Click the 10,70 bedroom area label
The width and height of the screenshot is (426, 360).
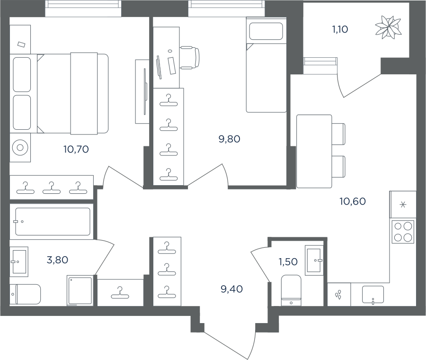tap(76, 149)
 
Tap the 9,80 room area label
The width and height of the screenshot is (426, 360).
tap(229, 139)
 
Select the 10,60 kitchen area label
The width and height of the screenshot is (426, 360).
tap(353, 201)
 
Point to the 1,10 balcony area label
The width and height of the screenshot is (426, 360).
tap(340, 29)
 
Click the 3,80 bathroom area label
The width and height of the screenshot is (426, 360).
tap(57, 260)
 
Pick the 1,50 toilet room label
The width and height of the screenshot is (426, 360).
tap(288, 261)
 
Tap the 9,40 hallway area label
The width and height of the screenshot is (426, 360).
tap(232, 289)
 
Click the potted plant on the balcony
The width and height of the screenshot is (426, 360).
tap(389, 27)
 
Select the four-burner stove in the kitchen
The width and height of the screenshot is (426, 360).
tap(403, 232)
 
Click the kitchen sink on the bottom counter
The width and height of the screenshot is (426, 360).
tap(373, 295)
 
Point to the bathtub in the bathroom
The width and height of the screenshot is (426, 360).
tap(53, 222)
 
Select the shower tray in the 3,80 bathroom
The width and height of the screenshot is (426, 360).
tap(80, 291)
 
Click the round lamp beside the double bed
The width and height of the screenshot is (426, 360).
tap(20, 148)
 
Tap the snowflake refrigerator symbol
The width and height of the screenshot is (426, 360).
tap(403, 205)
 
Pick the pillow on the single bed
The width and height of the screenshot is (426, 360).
tap(266, 32)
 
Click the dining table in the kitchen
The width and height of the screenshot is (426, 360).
tap(314, 151)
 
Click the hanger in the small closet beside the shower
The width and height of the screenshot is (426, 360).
tap(120, 293)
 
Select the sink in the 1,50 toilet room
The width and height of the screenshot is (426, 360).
tap(314, 260)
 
